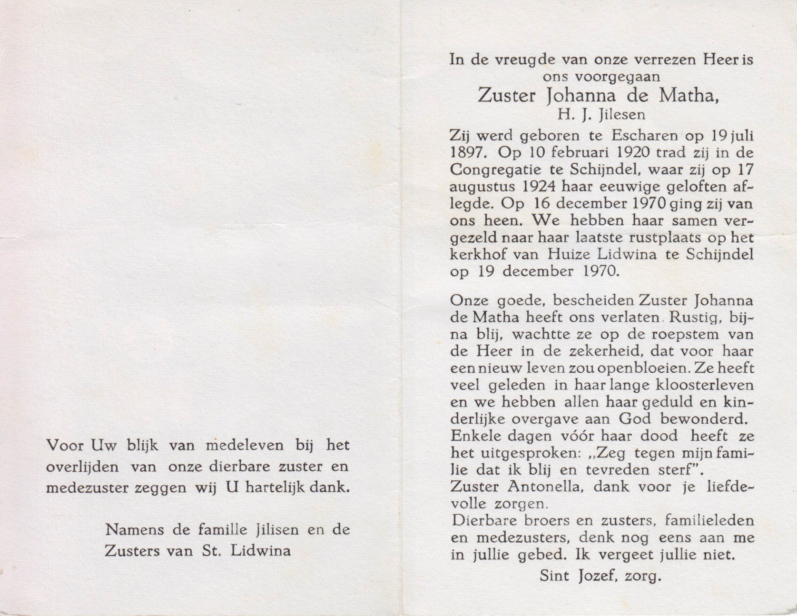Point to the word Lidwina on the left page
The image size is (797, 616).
point(260,551)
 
